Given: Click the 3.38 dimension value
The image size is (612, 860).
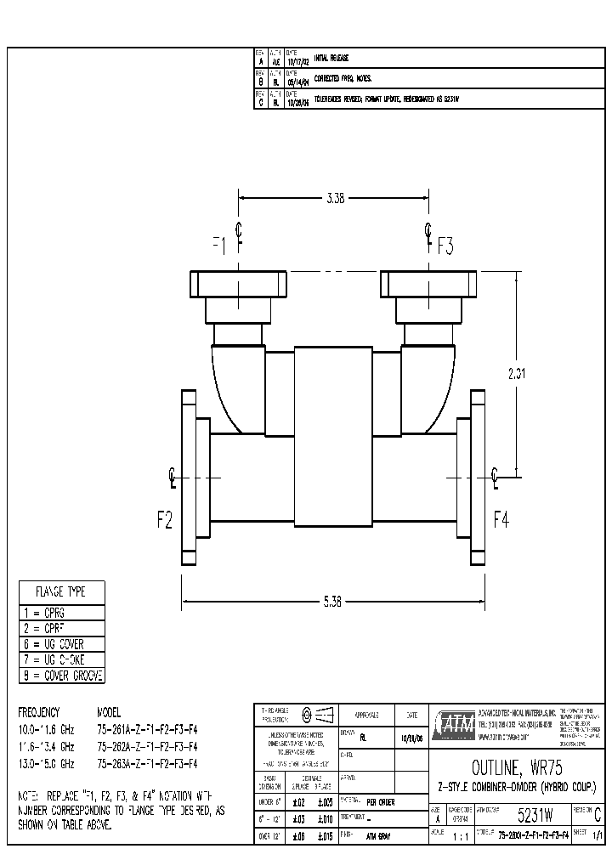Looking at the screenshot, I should tap(335, 198).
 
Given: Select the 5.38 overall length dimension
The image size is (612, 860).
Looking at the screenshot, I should tap(332, 602).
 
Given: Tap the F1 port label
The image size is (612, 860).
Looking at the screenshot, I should tap(220, 246).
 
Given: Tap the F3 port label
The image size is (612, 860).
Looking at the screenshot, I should tap(446, 247).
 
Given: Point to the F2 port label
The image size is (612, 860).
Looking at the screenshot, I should tap(164, 520).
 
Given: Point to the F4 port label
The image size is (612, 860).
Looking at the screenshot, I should tap(501, 520).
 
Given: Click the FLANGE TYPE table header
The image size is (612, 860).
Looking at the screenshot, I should tap(61, 591).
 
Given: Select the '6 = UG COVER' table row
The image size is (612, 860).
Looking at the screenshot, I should tap(61, 644).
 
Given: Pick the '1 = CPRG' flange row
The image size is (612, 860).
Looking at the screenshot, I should tap(61, 613).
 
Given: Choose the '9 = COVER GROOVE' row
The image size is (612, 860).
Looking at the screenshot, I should tap(61, 676).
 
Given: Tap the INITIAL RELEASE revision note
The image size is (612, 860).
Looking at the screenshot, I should tap(331, 58).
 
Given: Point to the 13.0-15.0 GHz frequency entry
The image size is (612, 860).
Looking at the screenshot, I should tap(47, 763).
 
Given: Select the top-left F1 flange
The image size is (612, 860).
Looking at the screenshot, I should tap(237, 283).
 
